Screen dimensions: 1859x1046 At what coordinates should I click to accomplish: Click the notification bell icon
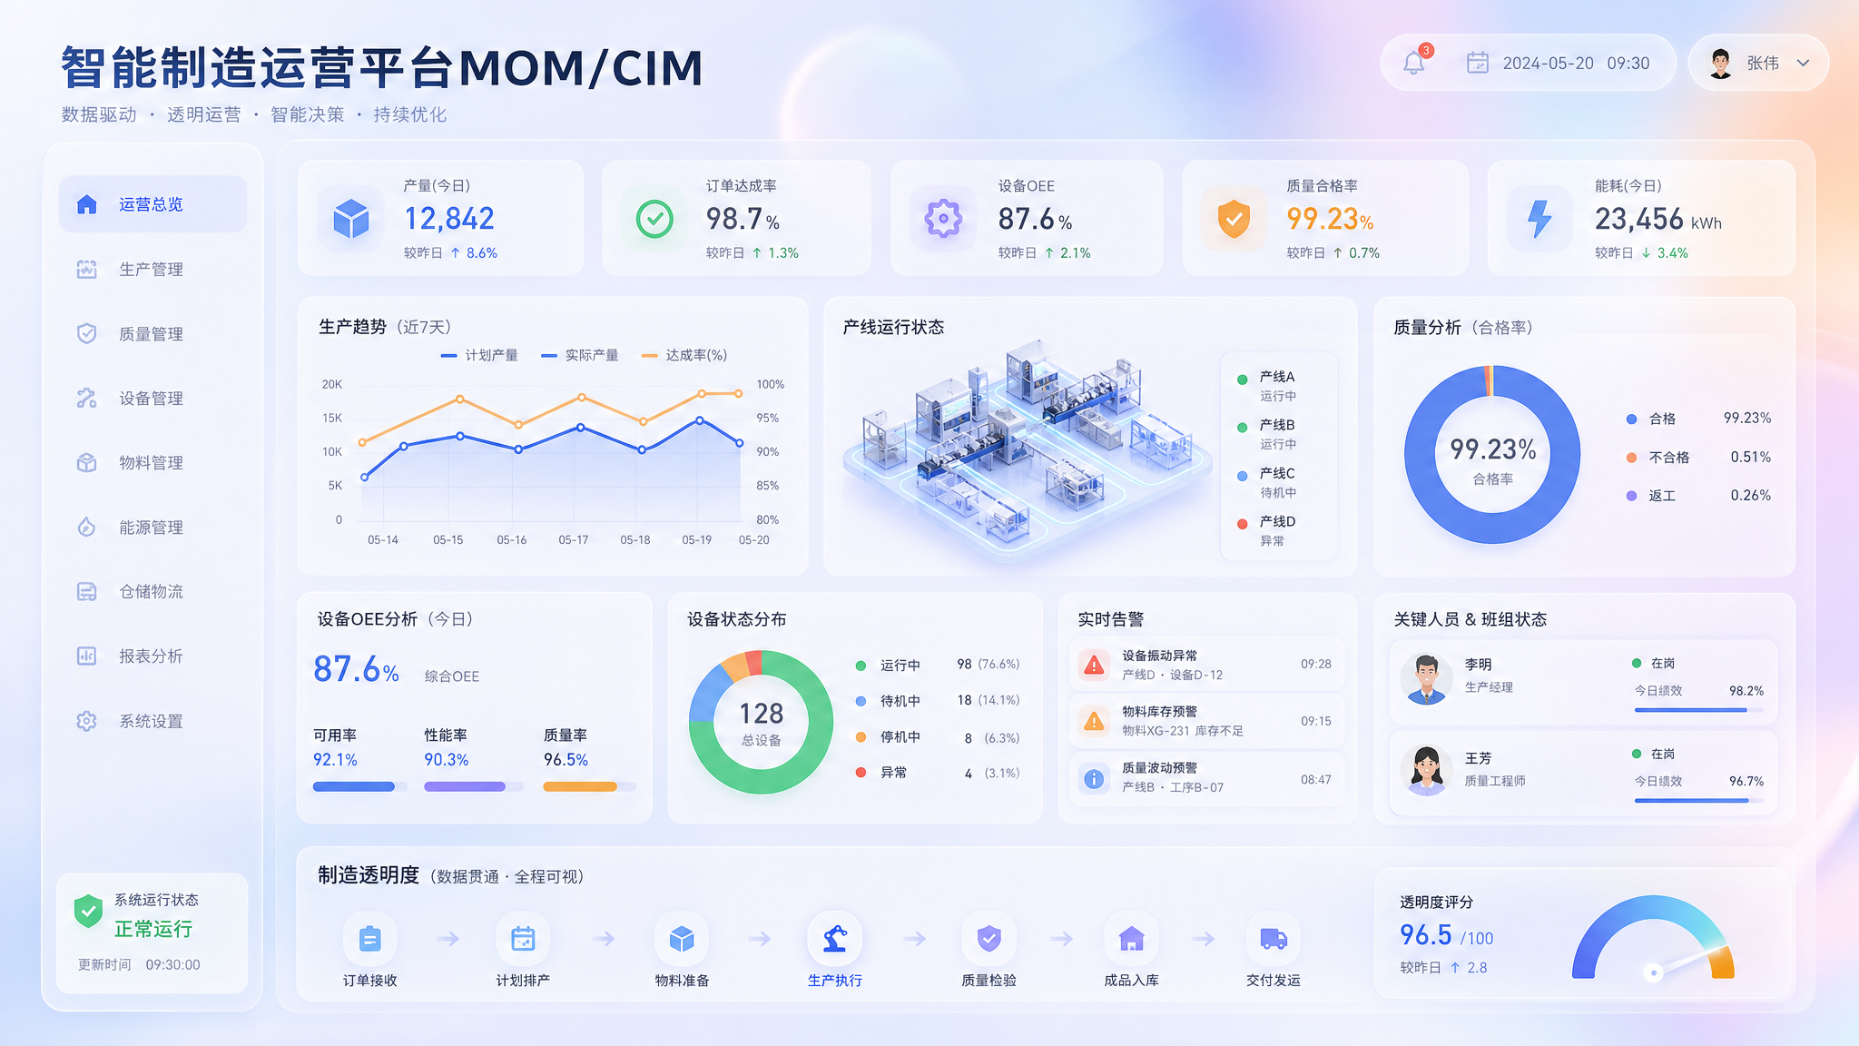point(1414,63)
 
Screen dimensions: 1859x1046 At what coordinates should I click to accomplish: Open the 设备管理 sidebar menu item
point(151,399)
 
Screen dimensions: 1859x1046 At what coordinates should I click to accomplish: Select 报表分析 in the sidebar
point(151,656)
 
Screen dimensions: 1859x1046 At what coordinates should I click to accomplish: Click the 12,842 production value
point(449,219)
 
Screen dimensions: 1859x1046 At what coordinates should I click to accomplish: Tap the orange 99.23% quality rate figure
point(1330,219)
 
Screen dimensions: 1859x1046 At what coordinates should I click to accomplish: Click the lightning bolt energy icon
point(1539,219)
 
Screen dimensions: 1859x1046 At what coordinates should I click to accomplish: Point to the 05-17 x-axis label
point(574,539)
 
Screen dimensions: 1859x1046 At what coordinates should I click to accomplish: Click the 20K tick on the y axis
point(332,384)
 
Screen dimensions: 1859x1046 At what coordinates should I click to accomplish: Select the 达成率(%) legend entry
point(684,355)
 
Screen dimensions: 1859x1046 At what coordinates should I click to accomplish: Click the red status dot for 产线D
point(1243,524)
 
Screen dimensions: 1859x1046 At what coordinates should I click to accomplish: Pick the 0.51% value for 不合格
point(1750,457)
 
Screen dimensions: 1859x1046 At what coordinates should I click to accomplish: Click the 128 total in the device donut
point(761,714)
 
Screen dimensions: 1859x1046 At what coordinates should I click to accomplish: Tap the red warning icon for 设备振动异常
point(1095,665)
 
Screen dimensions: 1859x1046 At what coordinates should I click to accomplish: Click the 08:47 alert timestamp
point(1316,779)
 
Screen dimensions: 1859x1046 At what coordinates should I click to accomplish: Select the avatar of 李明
point(1426,679)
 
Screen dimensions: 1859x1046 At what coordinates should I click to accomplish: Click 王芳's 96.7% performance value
point(1746,781)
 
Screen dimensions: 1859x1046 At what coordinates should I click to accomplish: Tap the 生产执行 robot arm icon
point(835,939)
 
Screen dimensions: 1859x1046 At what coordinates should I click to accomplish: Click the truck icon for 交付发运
point(1274,939)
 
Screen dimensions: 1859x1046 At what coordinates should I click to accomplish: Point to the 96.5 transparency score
point(1426,934)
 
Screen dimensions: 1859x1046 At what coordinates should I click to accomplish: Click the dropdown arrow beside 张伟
point(1804,63)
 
